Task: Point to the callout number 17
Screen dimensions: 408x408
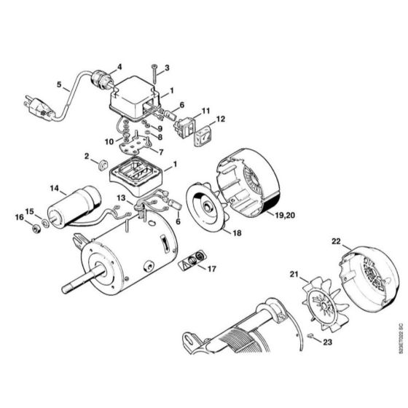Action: pos(213,270)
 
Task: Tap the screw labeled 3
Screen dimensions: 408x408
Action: pos(155,73)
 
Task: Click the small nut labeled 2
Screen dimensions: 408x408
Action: pos(102,162)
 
